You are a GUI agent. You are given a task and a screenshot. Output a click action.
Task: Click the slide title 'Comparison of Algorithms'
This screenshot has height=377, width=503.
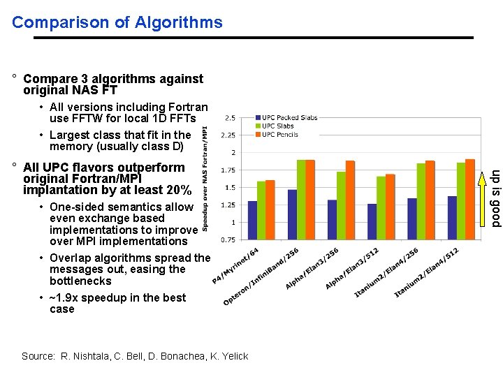pos(117,22)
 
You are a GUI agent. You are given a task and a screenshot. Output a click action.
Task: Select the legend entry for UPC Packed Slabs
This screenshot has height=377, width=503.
pos(289,118)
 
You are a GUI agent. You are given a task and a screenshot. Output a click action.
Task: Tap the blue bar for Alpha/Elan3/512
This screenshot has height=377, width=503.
pos(372,221)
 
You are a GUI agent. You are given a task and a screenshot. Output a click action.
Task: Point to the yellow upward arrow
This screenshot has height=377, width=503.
pos(487,171)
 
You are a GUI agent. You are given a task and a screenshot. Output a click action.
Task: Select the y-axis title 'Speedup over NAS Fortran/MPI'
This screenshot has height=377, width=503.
pos(205,178)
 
